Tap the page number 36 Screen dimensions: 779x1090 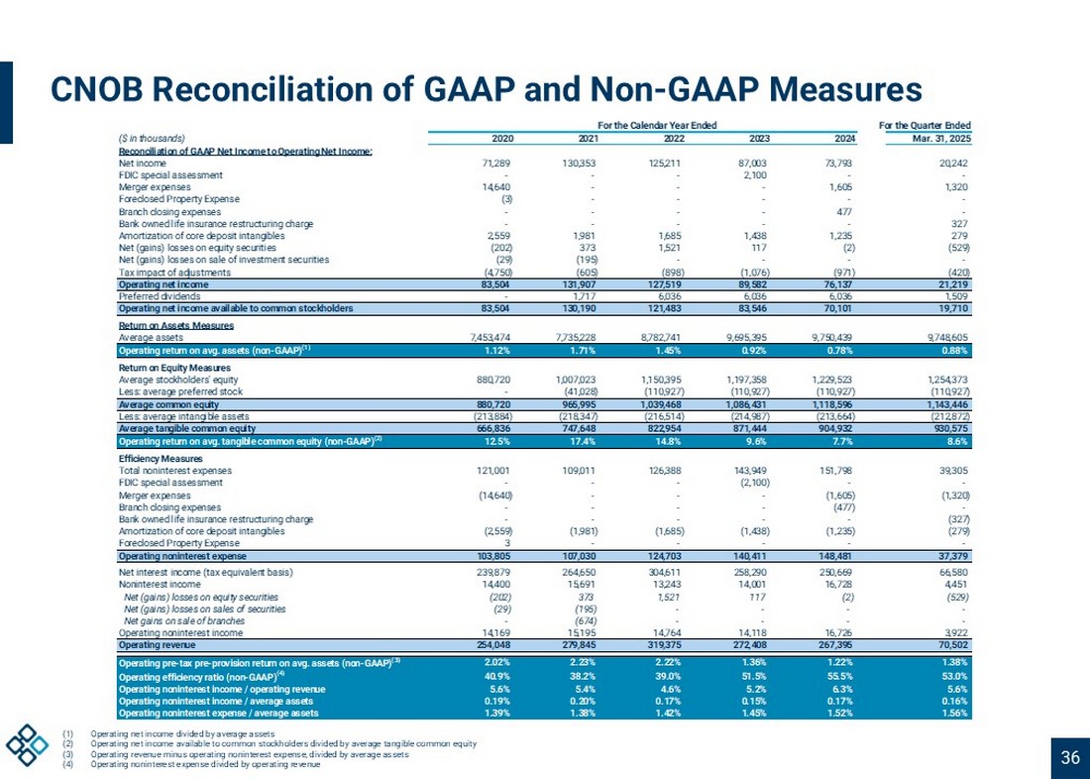pos(1069,759)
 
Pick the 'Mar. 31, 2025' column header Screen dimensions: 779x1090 pos(937,138)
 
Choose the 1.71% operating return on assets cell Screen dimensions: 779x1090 pos(579,350)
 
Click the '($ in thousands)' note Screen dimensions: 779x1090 pos(152,138)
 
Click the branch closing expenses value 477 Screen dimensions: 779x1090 pos(845,211)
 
